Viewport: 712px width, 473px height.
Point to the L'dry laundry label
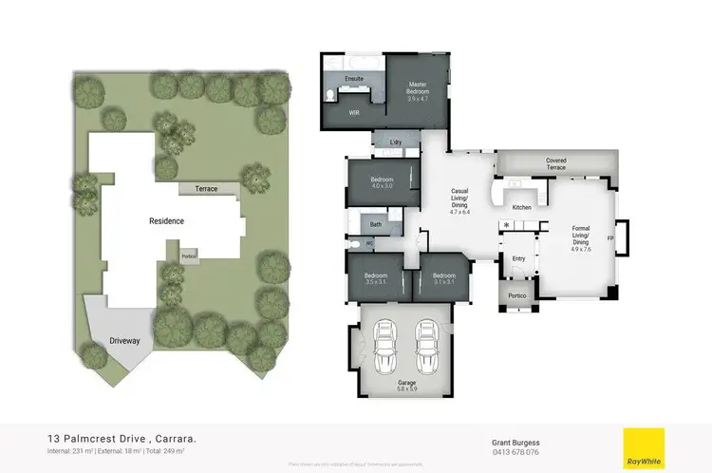point(397,142)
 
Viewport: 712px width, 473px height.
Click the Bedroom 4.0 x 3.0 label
point(382,182)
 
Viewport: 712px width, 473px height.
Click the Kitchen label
point(521,207)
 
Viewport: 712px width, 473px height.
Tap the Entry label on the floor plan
point(518,257)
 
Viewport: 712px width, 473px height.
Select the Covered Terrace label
point(555,163)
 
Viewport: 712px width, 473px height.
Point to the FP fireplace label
point(610,236)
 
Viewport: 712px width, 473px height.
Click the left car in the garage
point(386,346)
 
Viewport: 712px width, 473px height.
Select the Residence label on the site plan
point(166,220)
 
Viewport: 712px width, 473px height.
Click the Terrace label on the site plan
point(206,189)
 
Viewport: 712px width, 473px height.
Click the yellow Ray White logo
point(643,445)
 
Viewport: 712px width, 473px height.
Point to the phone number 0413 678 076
point(515,452)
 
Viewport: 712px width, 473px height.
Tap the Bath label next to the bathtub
point(376,224)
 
